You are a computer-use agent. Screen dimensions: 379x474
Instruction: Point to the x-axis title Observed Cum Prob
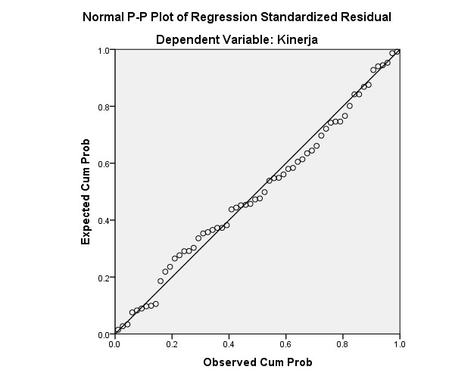(257, 362)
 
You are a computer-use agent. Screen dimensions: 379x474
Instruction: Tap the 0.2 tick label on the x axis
(171, 344)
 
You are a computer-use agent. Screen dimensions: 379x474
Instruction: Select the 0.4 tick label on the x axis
(228, 344)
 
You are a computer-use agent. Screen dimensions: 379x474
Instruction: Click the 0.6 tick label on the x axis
(285, 344)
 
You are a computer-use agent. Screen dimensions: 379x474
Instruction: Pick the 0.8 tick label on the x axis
(341, 344)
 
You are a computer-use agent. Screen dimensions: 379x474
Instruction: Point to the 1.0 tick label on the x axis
(398, 344)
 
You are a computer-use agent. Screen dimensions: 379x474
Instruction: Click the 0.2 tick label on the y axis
(104, 278)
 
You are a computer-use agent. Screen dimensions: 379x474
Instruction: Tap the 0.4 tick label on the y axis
(104, 220)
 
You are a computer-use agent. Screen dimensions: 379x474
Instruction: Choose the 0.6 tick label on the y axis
(104, 163)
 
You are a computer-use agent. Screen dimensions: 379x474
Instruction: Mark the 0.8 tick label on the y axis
(104, 107)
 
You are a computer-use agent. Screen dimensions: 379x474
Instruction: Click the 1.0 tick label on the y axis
(104, 50)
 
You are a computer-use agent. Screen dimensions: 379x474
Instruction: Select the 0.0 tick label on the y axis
(104, 334)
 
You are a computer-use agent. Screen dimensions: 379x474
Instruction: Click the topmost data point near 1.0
(397, 51)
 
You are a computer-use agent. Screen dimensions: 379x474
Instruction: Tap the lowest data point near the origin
(117, 330)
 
